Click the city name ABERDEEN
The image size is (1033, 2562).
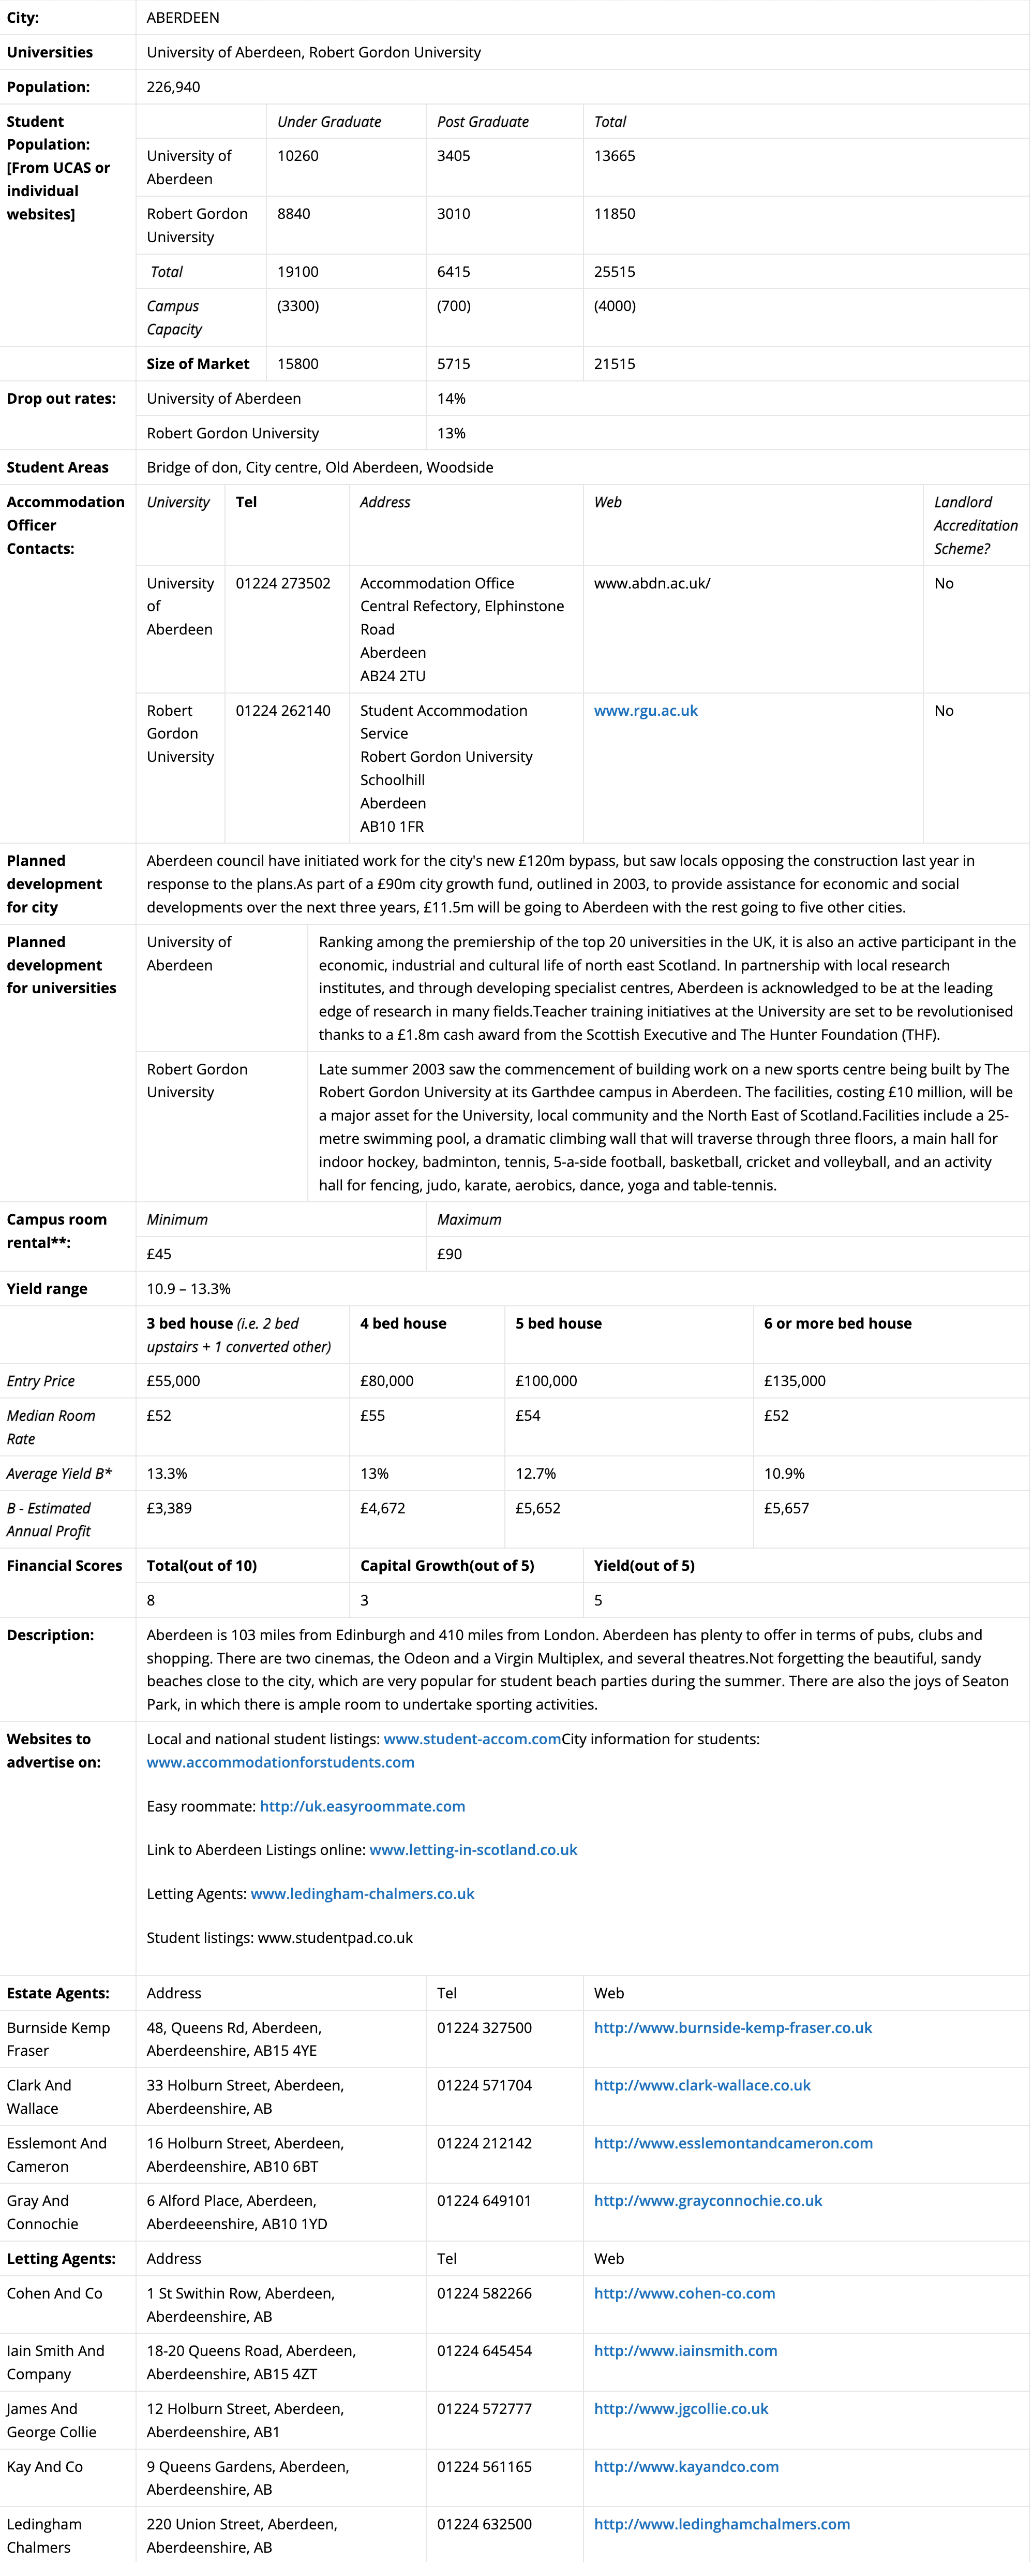tap(183, 17)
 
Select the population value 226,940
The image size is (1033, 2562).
tap(173, 86)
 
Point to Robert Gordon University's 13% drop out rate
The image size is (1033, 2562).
tap(452, 433)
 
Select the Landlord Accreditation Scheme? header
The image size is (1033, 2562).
tap(976, 525)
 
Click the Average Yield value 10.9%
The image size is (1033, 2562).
tap(784, 1473)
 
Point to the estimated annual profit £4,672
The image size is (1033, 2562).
tap(383, 1508)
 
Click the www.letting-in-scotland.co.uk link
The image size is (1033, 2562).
tap(473, 1850)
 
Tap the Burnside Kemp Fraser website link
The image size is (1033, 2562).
tap(733, 2028)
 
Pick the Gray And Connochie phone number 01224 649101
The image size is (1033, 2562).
tap(484, 2201)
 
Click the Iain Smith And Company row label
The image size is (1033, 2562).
tap(56, 2362)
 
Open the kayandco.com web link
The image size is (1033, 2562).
tap(686, 2467)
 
